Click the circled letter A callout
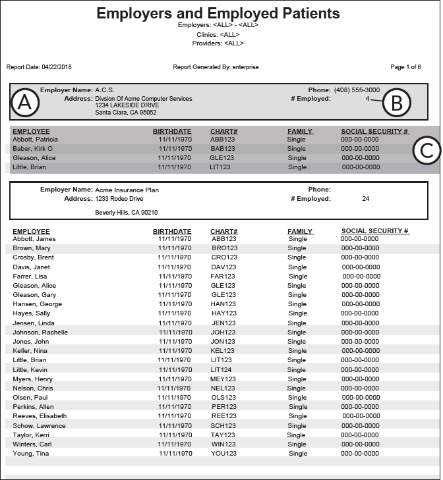(x=25, y=102)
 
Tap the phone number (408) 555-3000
(x=356, y=90)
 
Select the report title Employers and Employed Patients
(x=218, y=13)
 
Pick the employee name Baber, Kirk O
(x=33, y=149)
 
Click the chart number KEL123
(x=223, y=351)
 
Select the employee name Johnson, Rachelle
(x=40, y=333)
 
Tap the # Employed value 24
(x=366, y=199)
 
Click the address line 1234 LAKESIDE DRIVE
(x=127, y=105)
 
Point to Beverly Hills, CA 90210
(x=127, y=213)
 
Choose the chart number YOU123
(x=223, y=454)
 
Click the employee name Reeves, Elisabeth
(x=40, y=416)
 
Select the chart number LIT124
(x=222, y=370)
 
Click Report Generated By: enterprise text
(x=216, y=67)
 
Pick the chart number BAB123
(x=223, y=149)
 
